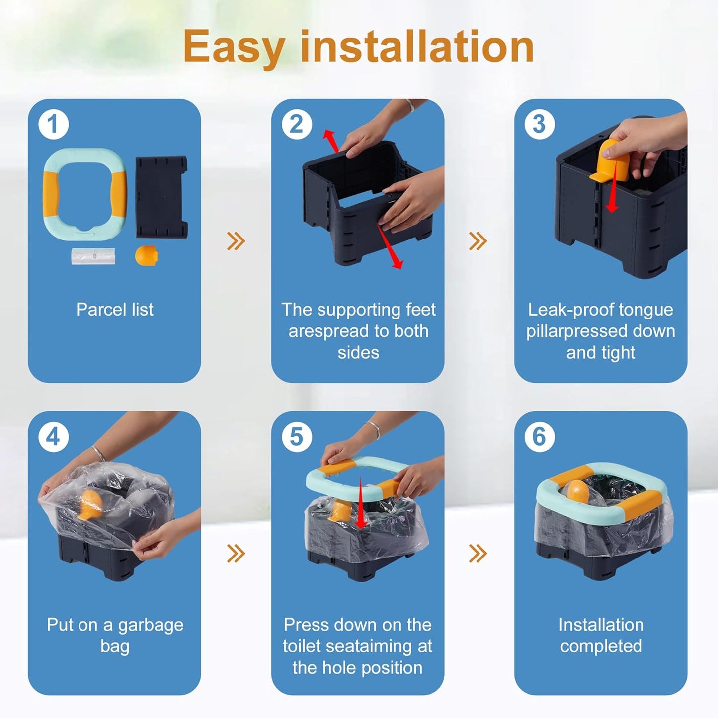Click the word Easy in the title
235,47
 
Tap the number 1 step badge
53,124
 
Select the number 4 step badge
53,437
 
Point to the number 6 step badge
539,437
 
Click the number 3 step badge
539,124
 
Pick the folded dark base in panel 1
161,197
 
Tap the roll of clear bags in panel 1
93,256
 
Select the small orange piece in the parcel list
147,255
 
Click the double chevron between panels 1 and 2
236,241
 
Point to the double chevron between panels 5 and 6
478,554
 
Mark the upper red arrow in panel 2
330,141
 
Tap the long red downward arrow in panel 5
360,502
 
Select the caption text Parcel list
115,309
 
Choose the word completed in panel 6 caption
601,646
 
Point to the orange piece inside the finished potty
577,492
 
